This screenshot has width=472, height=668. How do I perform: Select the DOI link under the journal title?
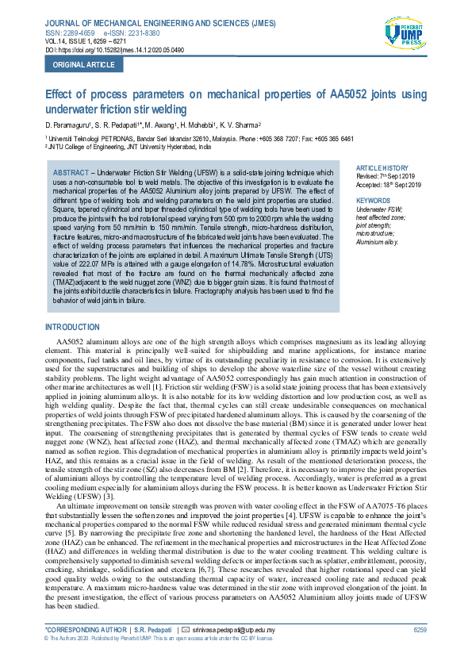pyautogui.click(x=119, y=50)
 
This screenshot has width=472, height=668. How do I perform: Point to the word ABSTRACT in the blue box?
pyautogui.click(x=71, y=172)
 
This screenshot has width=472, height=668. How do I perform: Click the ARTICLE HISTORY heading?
pyautogui.click(x=382, y=169)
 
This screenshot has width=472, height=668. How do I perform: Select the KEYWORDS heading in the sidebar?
pyautogui.click(x=374, y=201)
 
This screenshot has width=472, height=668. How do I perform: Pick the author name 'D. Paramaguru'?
pyautogui.click(x=67, y=125)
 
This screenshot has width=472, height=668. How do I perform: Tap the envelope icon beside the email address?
pyautogui.click(x=185, y=630)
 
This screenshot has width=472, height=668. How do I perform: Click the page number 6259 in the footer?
pyautogui.click(x=420, y=630)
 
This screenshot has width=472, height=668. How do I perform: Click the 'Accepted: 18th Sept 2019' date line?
pyautogui.click(x=389, y=184)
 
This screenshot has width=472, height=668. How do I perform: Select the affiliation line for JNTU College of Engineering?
pyautogui.click(x=129, y=147)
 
